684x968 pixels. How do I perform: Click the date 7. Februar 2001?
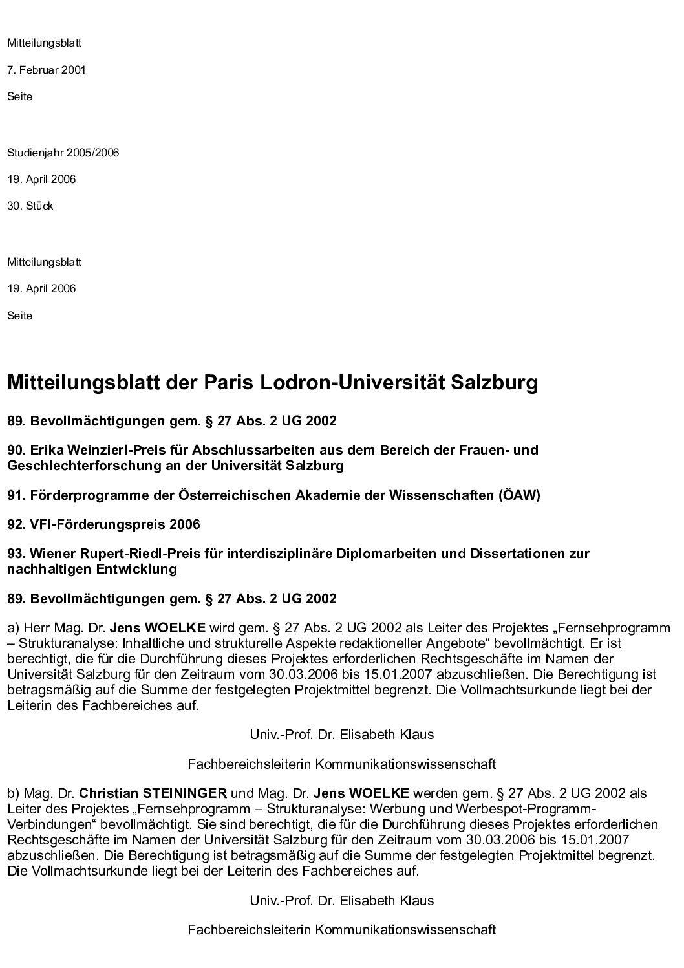pos(47,70)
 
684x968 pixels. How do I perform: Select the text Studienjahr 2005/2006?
pos(63,153)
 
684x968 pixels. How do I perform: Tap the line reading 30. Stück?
pos(30,206)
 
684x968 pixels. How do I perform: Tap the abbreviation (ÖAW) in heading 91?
pos(518,495)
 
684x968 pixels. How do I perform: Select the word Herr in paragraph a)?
pos(36,628)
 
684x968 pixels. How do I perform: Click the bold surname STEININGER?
pos(184,793)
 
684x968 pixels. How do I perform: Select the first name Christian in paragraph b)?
pos(107,793)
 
